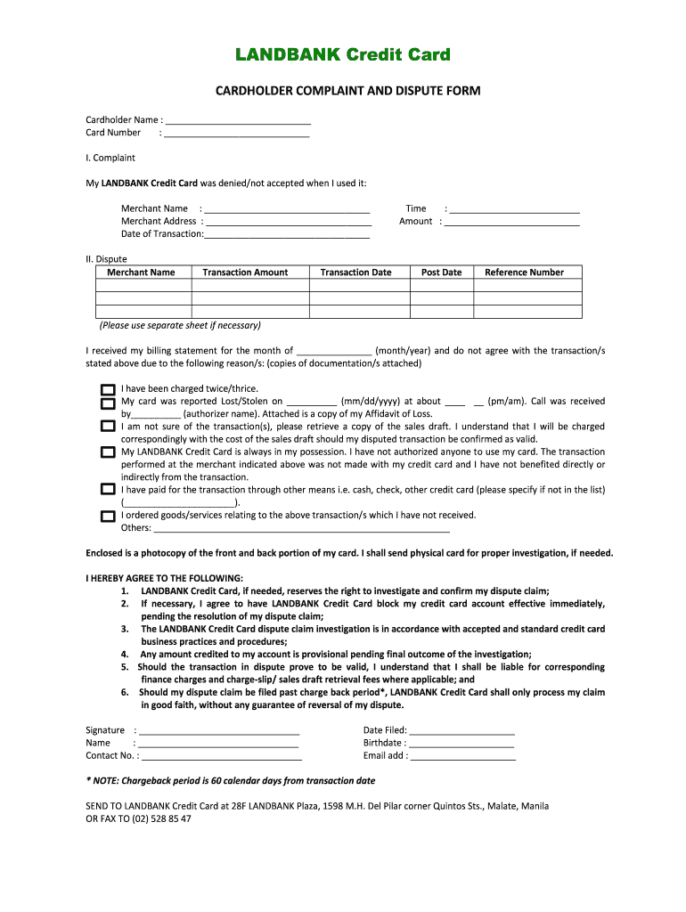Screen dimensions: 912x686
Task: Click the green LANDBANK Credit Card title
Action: tap(343, 55)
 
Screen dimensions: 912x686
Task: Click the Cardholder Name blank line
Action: tap(238, 121)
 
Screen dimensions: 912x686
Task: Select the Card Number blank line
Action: tap(237, 134)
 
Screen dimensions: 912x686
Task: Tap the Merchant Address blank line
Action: tap(288, 223)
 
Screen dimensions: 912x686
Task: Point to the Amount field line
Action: tap(511, 223)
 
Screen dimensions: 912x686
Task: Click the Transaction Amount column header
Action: tap(245, 273)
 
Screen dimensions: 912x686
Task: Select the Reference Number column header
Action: tap(524, 273)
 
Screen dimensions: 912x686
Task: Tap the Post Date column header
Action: tap(441, 273)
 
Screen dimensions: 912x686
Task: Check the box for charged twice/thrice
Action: tap(108, 389)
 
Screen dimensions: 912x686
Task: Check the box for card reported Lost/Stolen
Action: tap(108, 403)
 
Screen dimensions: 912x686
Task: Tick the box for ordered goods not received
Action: tap(108, 516)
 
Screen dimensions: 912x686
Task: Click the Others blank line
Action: tap(302, 529)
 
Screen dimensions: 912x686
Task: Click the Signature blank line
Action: tap(218, 732)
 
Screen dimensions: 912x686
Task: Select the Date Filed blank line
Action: tap(462, 732)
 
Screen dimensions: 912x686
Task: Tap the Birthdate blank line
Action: tap(461, 745)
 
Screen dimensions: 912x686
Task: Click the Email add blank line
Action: tap(463, 757)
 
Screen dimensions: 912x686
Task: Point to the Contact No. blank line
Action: tap(221, 757)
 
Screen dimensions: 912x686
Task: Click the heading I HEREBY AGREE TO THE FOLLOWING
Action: tap(164, 578)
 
